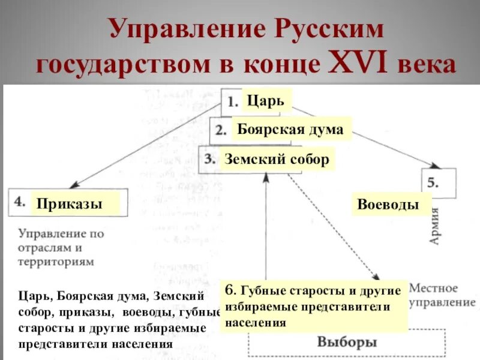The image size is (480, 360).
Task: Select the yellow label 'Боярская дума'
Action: click(x=290, y=129)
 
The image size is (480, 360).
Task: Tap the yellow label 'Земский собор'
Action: click(x=277, y=160)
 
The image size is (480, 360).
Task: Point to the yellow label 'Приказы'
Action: click(x=69, y=203)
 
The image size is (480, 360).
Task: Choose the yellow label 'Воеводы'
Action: click(x=388, y=204)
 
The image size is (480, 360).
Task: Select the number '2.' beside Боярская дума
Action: click(x=221, y=130)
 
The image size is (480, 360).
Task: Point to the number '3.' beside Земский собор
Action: click(x=209, y=160)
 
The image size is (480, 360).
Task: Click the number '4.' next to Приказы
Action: click(x=20, y=202)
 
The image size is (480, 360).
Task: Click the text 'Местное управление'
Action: click(x=433, y=295)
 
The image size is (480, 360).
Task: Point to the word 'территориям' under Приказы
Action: click(x=56, y=262)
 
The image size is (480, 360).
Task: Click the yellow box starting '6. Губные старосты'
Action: click(x=314, y=307)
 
